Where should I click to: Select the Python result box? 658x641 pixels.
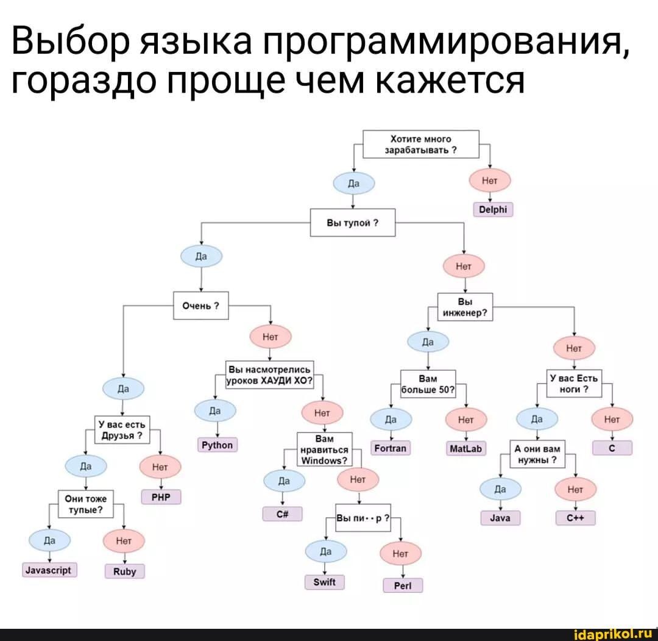tap(218, 445)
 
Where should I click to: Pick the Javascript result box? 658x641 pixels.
tap(49, 570)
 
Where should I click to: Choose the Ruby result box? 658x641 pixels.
tap(124, 572)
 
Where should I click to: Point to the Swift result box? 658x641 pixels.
tap(325, 582)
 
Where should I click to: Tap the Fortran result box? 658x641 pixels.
tap(391, 449)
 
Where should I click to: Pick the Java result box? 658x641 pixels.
tap(500, 518)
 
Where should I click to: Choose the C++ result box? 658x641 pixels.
tap(575, 518)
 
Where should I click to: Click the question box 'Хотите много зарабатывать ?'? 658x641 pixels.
tap(422, 145)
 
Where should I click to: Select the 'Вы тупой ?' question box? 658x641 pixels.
tap(353, 223)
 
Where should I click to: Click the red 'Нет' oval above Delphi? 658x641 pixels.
tap(490, 181)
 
